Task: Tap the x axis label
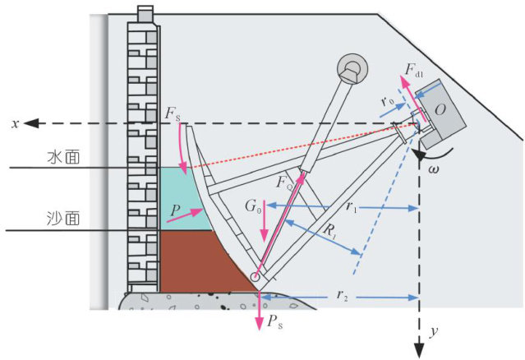point(14,123)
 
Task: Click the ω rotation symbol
point(434,168)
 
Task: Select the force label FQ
point(283,182)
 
